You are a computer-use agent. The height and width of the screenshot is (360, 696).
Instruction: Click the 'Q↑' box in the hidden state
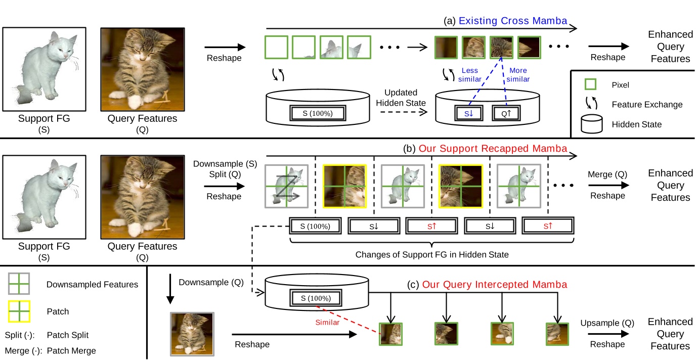point(506,114)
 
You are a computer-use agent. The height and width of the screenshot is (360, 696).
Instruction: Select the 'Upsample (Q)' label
point(607,323)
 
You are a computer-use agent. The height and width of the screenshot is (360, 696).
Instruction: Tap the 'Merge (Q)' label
point(607,174)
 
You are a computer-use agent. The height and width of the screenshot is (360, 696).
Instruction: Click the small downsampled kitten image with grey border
point(193,334)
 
